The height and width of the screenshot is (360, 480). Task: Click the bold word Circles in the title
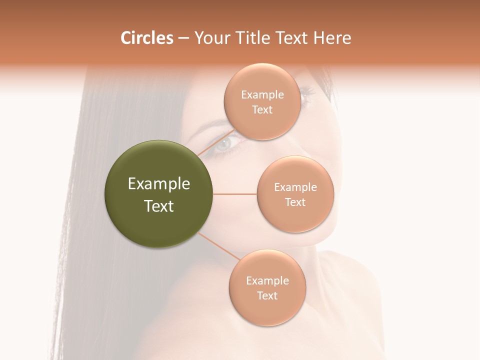pyautogui.click(x=146, y=38)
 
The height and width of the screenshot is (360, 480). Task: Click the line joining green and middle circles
pyautogui.click(x=234, y=193)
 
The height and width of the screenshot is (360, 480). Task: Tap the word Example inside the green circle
pyautogui.click(x=159, y=184)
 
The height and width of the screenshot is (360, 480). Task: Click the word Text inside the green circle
pyautogui.click(x=159, y=206)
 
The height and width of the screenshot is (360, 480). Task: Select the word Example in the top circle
pyautogui.click(x=262, y=94)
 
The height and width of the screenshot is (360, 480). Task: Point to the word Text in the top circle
pyautogui.click(x=262, y=109)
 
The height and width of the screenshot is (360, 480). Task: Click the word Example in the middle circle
pyautogui.click(x=295, y=187)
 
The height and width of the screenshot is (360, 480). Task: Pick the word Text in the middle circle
pyautogui.click(x=295, y=202)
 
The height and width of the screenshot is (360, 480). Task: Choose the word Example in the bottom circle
pyautogui.click(x=267, y=280)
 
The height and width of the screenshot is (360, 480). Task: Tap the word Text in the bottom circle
pyautogui.click(x=267, y=295)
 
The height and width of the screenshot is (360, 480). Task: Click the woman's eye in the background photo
pyautogui.click(x=224, y=144)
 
